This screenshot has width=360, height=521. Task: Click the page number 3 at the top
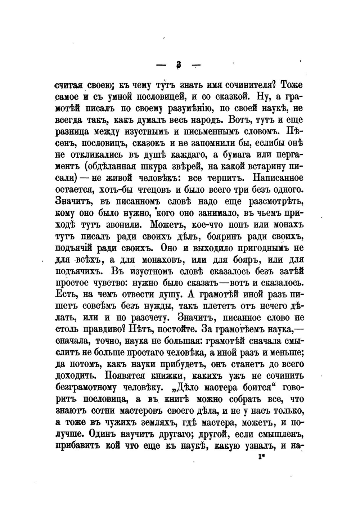[x=179, y=65]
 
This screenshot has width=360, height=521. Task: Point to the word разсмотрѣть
[x=277, y=201]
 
